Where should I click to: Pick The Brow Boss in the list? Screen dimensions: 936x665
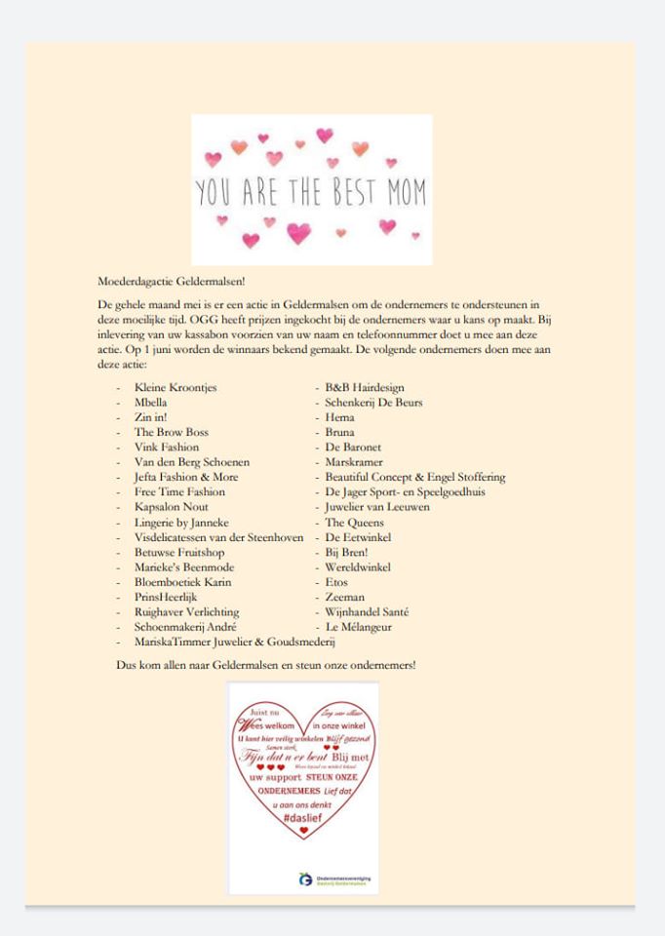(171, 432)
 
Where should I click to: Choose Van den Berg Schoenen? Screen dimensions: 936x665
(192, 462)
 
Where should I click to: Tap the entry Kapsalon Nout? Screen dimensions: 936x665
(171, 507)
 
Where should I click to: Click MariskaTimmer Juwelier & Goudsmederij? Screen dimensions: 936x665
(235, 643)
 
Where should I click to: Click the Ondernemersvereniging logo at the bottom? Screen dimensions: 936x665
(306, 879)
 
